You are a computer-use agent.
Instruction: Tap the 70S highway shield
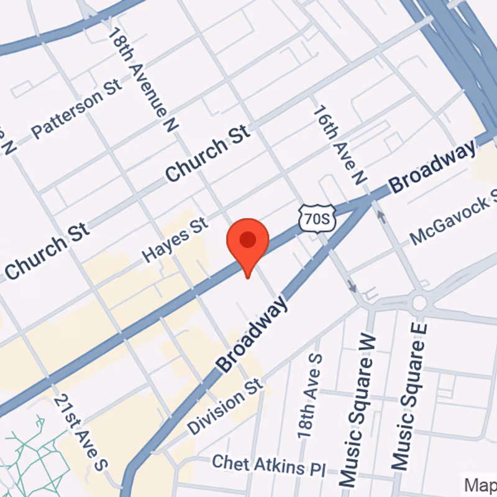[317, 217]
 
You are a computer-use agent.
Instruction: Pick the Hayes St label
[175, 239]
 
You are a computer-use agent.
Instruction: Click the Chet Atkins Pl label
[268, 466]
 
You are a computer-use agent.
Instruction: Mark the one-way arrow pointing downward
[352, 287]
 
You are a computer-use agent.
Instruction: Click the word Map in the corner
[481, 483]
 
